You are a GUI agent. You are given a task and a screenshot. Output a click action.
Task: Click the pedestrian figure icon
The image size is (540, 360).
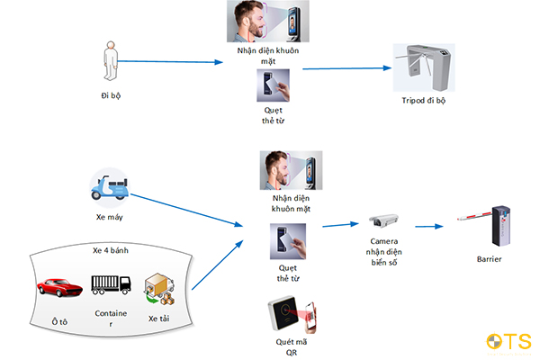[x=111, y=61]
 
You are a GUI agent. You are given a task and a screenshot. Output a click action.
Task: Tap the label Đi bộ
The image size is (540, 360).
[x=111, y=95]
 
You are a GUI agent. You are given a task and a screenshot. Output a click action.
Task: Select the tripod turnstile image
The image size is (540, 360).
[x=424, y=67]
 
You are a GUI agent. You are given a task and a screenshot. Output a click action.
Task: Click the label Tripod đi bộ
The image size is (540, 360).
[x=424, y=100]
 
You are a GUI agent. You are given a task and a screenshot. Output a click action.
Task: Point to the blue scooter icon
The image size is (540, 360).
[x=110, y=188]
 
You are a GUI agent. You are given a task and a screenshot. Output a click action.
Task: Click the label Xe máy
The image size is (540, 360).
[x=110, y=217]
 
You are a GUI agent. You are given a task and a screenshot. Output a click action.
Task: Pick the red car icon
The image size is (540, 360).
[x=59, y=287]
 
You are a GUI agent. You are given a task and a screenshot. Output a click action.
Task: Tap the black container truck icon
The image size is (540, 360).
[x=111, y=284]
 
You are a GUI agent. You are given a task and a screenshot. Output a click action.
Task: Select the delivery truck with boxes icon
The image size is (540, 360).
[x=159, y=289]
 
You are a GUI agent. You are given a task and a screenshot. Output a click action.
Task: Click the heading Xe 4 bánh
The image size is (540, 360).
[x=111, y=250]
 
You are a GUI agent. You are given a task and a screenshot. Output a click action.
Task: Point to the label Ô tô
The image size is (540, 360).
[x=59, y=322]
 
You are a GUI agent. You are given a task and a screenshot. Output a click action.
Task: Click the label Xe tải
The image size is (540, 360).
[x=158, y=319]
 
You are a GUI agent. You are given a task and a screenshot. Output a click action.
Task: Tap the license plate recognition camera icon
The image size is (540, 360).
[x=383, y=220]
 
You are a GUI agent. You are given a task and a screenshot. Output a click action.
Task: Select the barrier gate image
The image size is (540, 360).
[x=485, y=225]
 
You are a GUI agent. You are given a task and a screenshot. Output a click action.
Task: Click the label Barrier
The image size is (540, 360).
[x=489, y=259]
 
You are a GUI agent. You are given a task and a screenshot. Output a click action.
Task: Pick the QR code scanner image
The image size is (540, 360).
[x=292, y=314]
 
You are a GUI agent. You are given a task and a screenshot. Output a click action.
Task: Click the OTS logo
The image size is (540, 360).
[x=509, y=342]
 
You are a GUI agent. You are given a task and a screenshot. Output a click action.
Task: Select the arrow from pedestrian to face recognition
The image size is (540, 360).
[x=170, y=62]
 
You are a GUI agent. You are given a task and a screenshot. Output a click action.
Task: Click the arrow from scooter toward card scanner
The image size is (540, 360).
[x=186, y=210]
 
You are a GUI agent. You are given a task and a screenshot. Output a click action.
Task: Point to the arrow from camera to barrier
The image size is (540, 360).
[x=429, y=226]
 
